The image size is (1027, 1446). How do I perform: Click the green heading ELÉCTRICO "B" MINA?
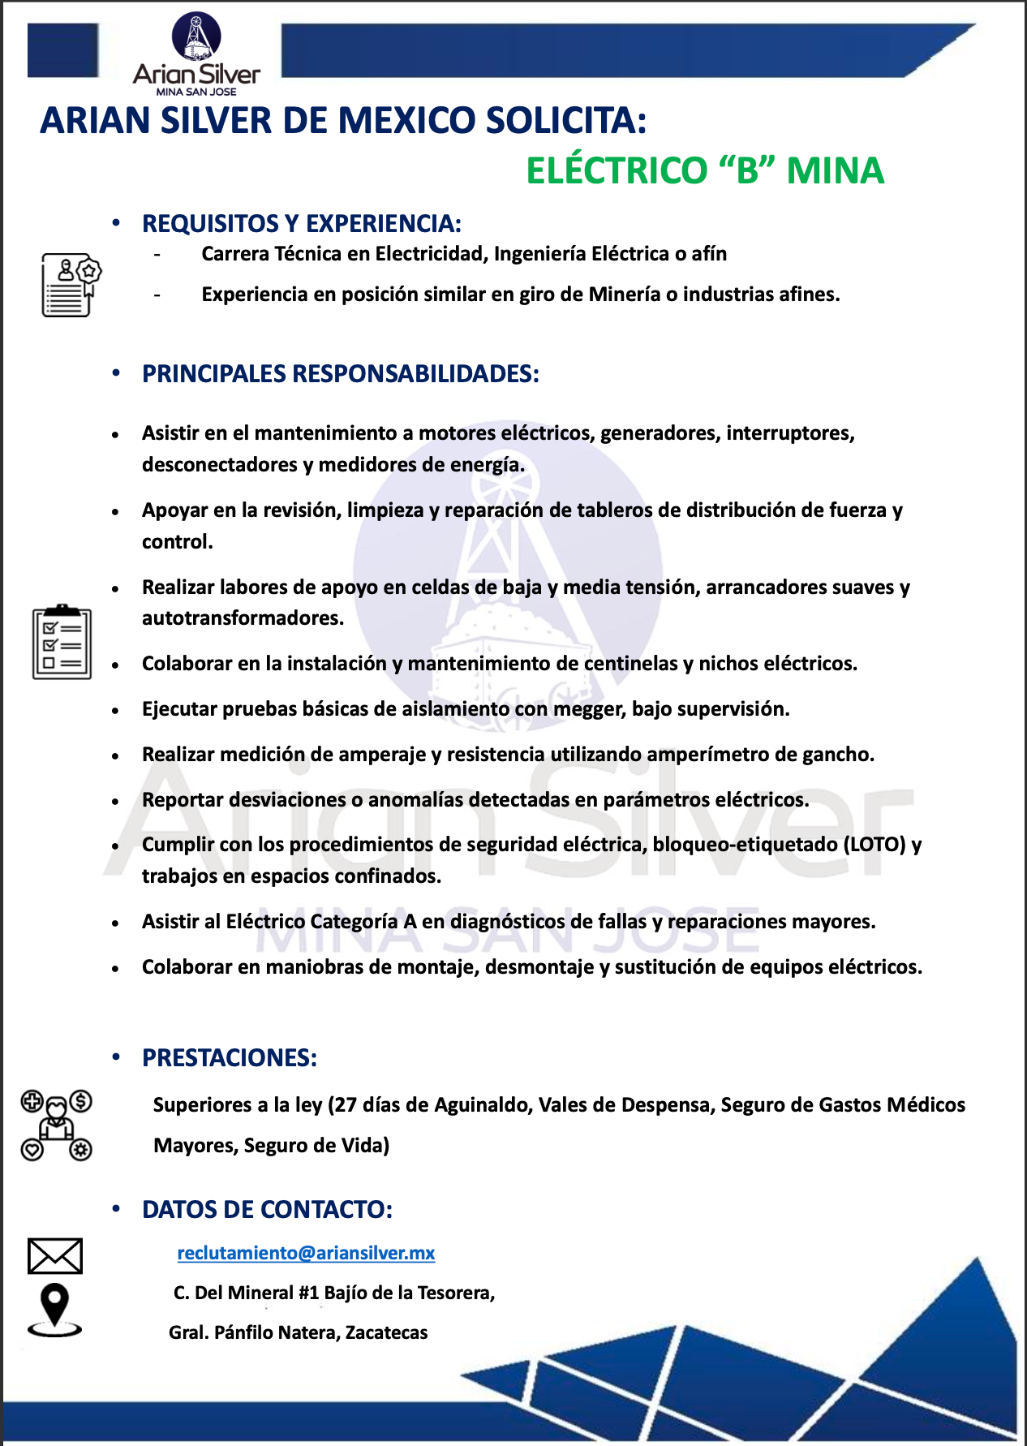[x=704, y=170]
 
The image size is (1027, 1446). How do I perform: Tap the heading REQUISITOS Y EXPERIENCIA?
[x=301, y=224]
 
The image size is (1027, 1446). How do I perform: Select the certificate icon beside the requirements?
[x=71, y=285]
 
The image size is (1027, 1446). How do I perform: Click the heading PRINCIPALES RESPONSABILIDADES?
[x=340, y=374]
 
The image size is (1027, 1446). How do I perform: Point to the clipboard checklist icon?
[x=62, y=642]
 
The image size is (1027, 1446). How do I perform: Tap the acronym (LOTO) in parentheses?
[x=874, y=845]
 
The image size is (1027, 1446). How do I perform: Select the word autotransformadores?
[x=243, y=618]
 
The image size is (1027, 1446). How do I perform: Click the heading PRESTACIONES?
[x=229, y=1058]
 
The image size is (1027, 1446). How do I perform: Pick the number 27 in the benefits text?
[x=346, y=1105]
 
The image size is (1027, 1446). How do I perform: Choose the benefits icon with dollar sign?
[x=56, y=1125]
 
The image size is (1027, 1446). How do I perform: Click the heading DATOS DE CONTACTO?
[x=267, y=1210]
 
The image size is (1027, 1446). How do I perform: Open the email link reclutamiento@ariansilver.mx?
[x=306, y=1253]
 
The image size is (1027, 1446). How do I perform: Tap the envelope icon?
[x=55, y=1256]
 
